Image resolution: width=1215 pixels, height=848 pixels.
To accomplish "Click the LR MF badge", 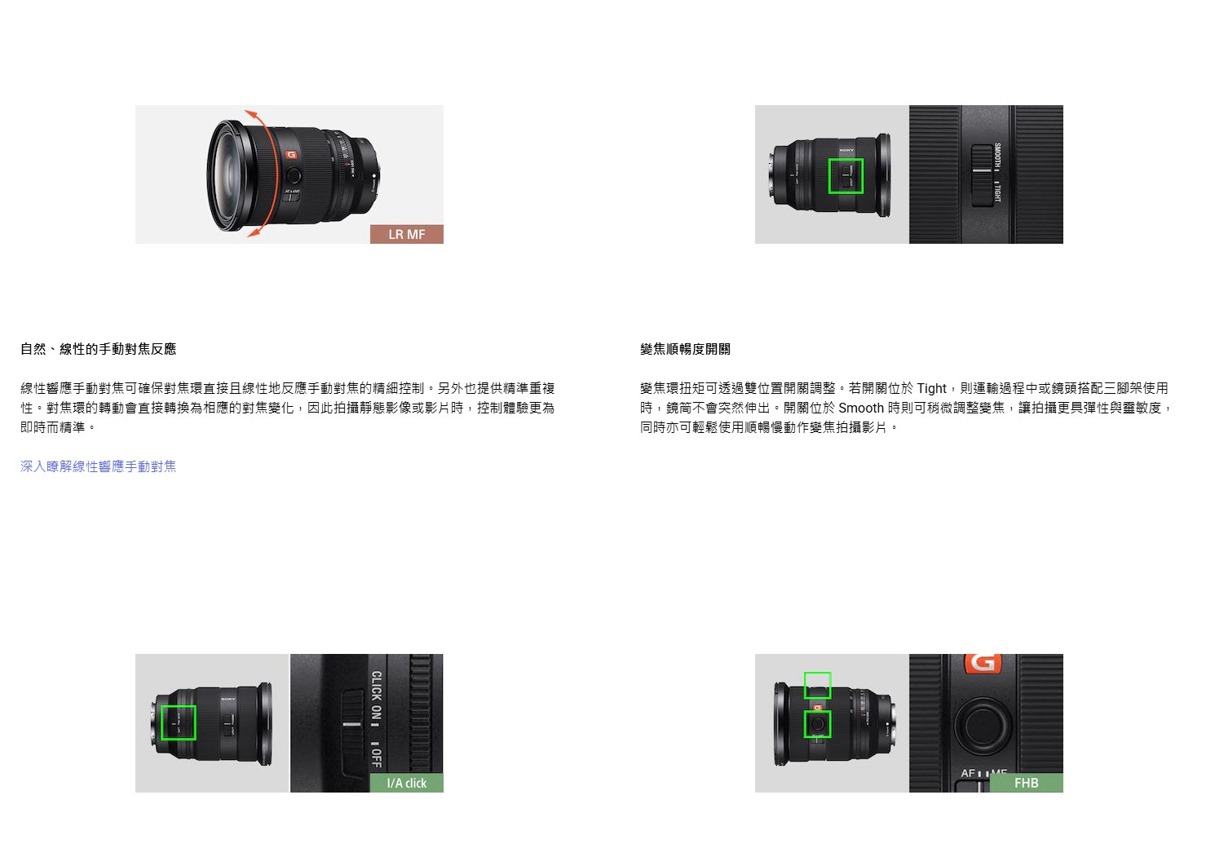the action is click(x=407, y=234).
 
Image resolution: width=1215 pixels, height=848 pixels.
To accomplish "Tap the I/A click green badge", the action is click(x=407, y=784).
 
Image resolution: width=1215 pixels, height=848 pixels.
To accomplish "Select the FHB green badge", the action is click(x=1027, y=784).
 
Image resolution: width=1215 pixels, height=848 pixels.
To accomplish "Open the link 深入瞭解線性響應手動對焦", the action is click(x=98, y=466).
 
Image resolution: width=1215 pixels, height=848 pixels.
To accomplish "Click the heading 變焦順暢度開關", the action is click(x=685, y=349).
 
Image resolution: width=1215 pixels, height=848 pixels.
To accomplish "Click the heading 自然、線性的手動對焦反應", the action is click(x=98, y=349).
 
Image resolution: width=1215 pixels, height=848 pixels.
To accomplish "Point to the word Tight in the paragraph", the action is click(x=931, y=388).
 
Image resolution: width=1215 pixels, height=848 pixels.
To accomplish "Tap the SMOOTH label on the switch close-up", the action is click(x=997, y=157).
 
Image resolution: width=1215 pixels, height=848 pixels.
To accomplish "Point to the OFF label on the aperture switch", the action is click(x=377, y=757).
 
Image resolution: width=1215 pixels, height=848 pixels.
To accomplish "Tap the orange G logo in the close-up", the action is click(x=983, y=662).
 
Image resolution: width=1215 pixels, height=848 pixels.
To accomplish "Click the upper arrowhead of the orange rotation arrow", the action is click(x=250, y=114).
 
